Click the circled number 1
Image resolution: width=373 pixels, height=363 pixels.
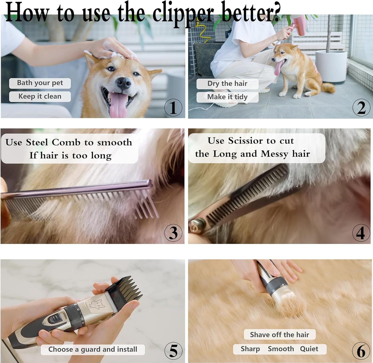tap(173, 107)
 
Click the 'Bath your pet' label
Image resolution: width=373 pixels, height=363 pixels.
tap(40, 83)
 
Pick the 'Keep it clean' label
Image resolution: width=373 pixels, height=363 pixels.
tap(40, 97)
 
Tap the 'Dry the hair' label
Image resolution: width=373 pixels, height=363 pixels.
tap(227, 84)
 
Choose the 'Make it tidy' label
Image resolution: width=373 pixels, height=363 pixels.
tap(227, 97)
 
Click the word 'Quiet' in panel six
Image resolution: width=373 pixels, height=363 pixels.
tap(309, 349)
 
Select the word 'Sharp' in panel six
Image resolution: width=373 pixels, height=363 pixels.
tap(250, 349)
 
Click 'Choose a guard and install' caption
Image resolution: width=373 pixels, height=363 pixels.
tap(93, 350)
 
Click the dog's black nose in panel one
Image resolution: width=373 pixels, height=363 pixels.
tap(124, 83)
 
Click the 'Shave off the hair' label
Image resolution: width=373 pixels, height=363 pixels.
tap(280, 335)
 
